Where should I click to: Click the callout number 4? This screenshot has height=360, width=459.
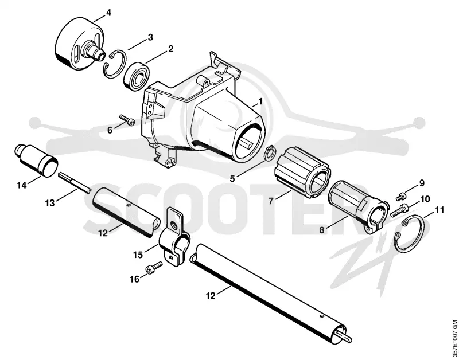click(108, 13)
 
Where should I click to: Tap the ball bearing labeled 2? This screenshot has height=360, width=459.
click(137, 76)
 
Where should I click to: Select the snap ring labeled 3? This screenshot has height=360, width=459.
click(115, 64)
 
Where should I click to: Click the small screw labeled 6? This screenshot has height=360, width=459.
click(127, 120)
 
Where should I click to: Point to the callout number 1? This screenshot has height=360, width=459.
click(260, 102)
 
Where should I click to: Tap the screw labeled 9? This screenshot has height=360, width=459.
click(400, 197)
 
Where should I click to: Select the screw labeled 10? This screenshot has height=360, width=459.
click(399, 210)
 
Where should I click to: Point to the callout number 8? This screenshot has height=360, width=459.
click(322, 230)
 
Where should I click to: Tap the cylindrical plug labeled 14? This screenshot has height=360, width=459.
click(36, 161)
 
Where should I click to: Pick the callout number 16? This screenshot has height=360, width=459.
click(135, 279)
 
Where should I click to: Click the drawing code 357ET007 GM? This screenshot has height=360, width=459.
click(454, 338)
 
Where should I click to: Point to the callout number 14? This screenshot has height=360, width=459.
click(22, 185)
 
